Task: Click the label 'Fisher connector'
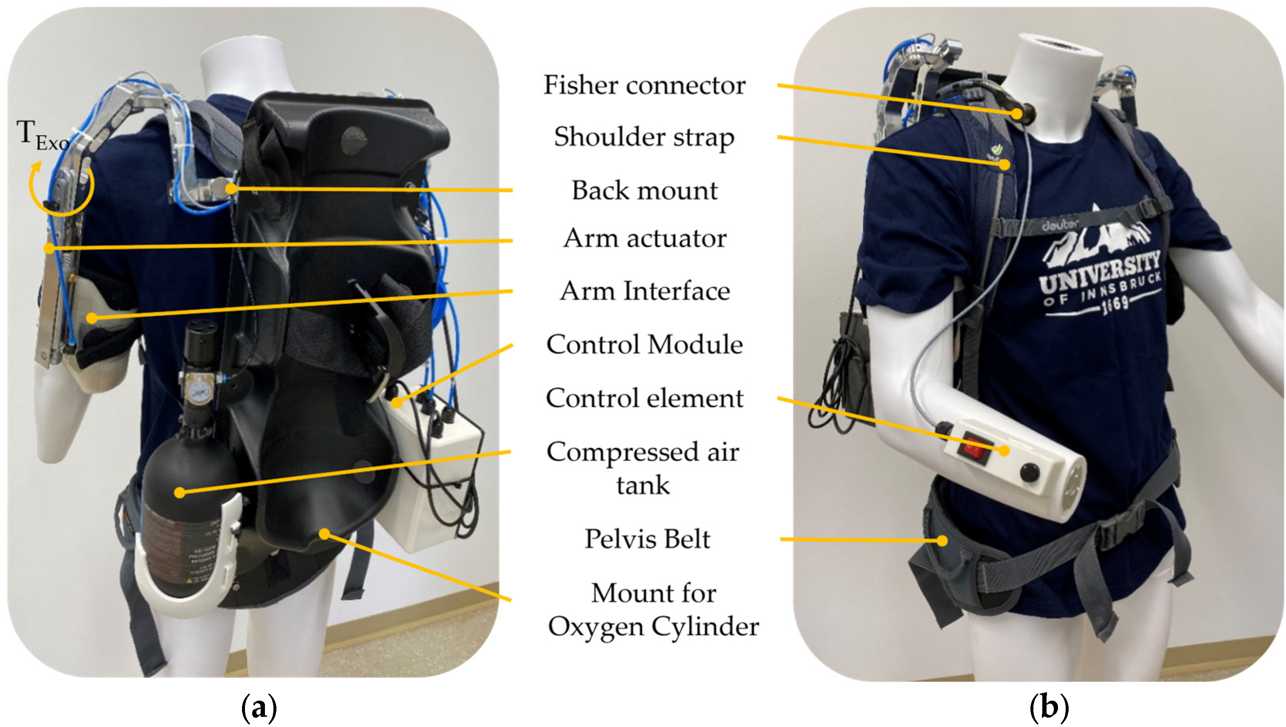pyautogui.click(x=644, y=85)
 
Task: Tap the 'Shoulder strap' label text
pyautogui.click(x=644, y=137)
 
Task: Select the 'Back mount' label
pyautogui.click(x=644, y=190)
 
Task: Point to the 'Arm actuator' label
pyautogui.click(x=644, y=238)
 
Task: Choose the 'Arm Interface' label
pyautogui.click(x=644, y=291)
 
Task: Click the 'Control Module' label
pyautogui.click(x=644, y=344)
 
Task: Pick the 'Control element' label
pyautogui.click(x=644, y=398)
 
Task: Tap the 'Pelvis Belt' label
pyautogui.click(x=647, y=539)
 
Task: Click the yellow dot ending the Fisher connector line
pyautogui.click(x=1017, y=114)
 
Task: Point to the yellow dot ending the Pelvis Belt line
pyautogui.click(x=942, y=540)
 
